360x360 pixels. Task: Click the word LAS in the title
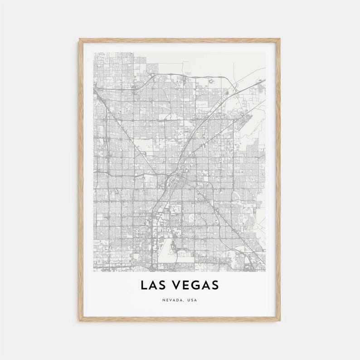click(153, 285)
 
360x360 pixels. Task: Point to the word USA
click(193, 300)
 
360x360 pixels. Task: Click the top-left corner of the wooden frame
click(79, 39)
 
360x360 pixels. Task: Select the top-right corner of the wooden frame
click(280, 39)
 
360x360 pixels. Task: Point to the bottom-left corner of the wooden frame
click(79, 321)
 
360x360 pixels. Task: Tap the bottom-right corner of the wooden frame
click(280, 321)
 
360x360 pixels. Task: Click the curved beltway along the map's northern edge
click(181, 75)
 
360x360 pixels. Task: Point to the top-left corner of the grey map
click(94, 53)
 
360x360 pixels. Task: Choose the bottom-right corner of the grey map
click(266, 271)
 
